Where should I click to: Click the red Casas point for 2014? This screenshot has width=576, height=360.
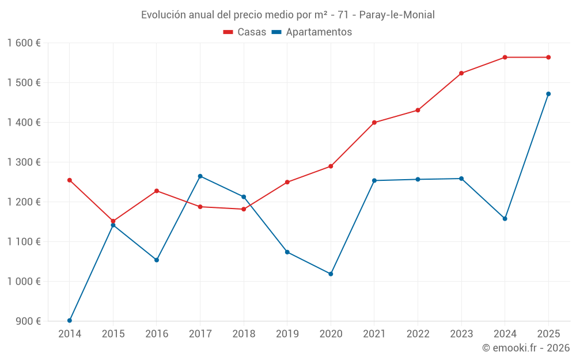pyautogui.click(x=70, y=180)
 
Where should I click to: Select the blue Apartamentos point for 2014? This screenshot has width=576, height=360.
pyautogui.click(x=70, y=320)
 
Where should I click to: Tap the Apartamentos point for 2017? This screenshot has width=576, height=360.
pyautogui.click(x=200, y=176)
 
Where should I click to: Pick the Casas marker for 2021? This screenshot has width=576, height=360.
pyautogui.click(x=374, y=123)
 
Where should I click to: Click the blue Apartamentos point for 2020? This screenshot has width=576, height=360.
pyautogui.click(x=331, y=274)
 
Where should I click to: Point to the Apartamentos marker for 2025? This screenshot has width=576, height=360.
pyautogui.click(x=548, y=94)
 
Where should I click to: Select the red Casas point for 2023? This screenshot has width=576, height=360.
pyautogui.click(x=461, y=73)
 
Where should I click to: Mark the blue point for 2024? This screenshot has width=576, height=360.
pyautogui.click(x=505, y=219)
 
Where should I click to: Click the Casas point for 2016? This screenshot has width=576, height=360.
pyautogui.click(x=157, y=191)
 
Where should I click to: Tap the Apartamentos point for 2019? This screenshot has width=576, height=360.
pyautogui.click(x=287, y=252)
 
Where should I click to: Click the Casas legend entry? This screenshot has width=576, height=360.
pyautogui.click(x=245, y=32)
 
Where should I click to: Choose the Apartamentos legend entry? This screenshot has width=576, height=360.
pyautogui.click(x=312, y=32)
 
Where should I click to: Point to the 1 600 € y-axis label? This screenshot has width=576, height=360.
pyautogui.click(x=24, y=43)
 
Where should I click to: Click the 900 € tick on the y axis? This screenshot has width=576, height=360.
pyautogui.click(x=28, y=321)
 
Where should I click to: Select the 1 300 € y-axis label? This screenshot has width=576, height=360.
pyautogui.click(x=24, y=162)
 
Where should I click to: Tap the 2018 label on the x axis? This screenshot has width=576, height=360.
pyautogui.click(x=244, y=334)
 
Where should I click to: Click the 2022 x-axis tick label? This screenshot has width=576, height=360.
pyautogui.click(x=418, y=334)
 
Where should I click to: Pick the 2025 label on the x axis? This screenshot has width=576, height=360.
pyautogui.click(x=548, y=334)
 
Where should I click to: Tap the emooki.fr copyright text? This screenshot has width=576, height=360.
pyautogui.click(x=526, y=348)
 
